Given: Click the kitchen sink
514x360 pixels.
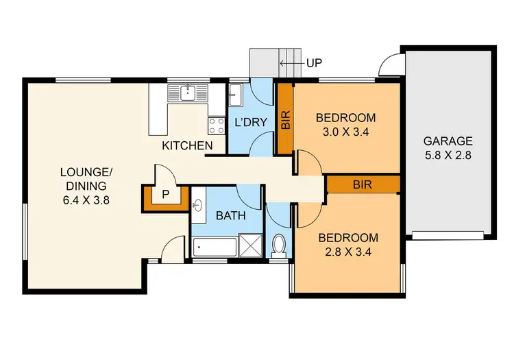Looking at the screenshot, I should point(187,92).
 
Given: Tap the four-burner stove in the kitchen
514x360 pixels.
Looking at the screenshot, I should point(217,125).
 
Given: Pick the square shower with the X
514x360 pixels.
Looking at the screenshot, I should point(249,245).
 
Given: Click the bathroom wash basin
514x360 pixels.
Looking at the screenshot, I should point(198,204).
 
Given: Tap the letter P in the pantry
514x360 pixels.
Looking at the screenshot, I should point(165,195).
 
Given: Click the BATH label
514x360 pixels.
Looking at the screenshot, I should point(231,215).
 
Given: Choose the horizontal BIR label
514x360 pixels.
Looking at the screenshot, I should point(363,184).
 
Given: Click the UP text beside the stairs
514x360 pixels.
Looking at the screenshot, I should point(314,63).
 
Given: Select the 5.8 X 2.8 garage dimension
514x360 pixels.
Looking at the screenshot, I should point(448,154).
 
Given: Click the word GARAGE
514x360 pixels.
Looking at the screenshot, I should point(448,141).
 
